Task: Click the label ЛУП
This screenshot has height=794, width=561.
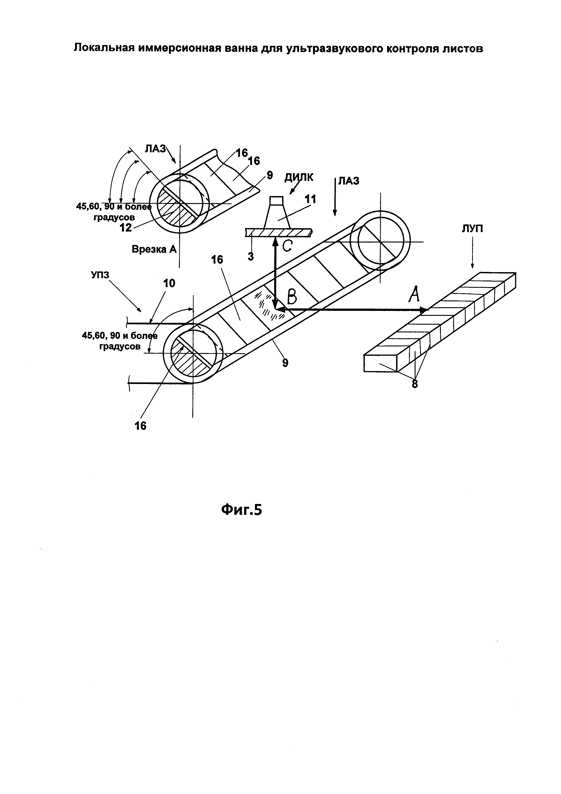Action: (472, 229)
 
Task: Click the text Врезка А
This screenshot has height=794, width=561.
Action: (154, 249)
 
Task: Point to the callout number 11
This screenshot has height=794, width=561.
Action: (310, 199)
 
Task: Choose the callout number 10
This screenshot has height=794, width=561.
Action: (169, 283)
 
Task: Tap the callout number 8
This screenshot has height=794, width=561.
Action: (415, 384)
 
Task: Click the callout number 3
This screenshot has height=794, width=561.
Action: (251, 256)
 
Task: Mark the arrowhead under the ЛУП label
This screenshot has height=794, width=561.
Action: (472, 265)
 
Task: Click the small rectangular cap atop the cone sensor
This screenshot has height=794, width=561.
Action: (276, 201)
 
